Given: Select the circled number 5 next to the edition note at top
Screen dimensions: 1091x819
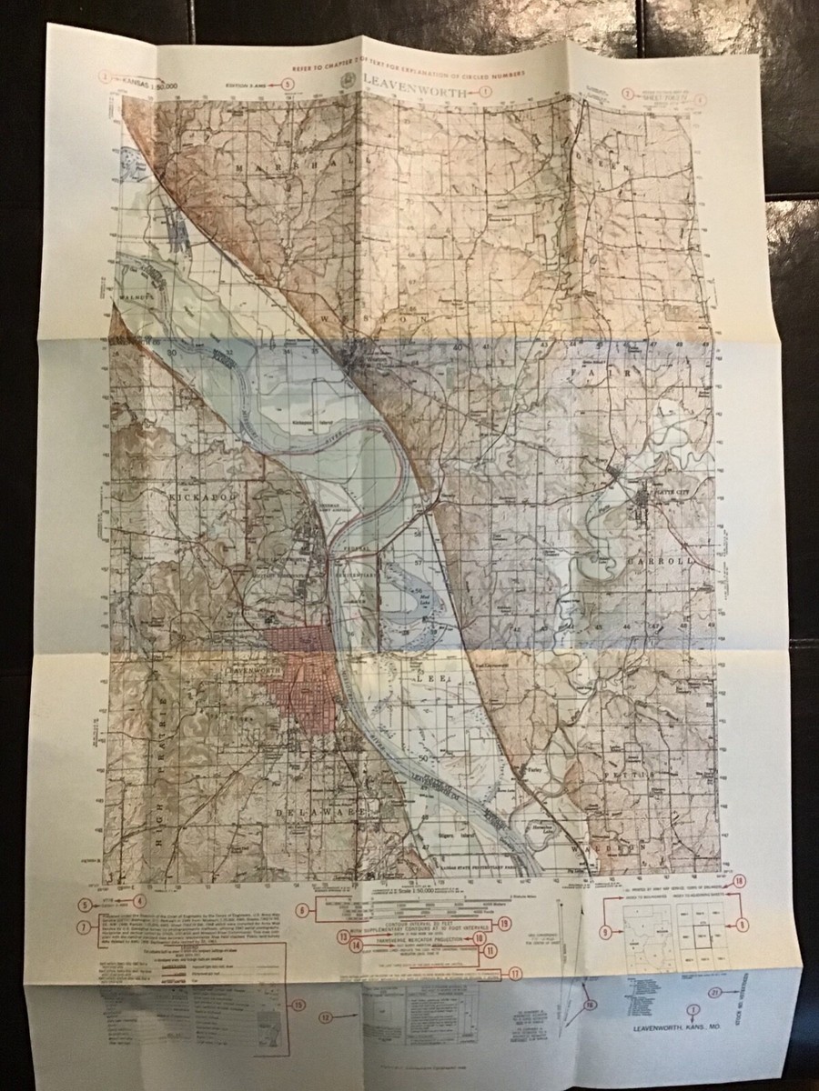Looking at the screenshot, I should pyautogui.click(x=288, y=84).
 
